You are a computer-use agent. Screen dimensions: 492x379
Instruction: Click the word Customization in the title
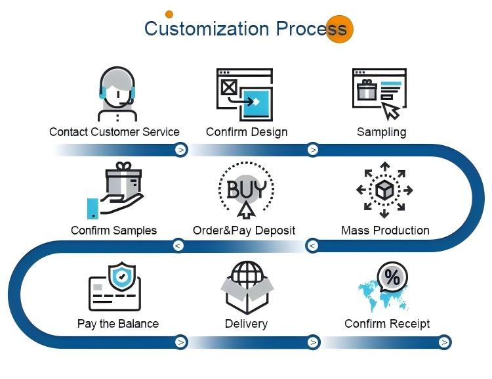coord(207,28)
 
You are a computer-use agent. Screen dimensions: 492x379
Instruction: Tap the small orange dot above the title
coord(169,14)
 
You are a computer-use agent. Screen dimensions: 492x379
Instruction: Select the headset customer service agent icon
coord(117,94)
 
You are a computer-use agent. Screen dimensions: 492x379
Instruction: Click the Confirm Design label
coord(247,132)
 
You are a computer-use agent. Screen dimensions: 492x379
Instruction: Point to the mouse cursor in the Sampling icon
coord(391,111)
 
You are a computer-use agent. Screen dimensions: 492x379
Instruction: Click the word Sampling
coord(382,132)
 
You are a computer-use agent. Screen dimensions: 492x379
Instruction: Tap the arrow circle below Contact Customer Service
coord(181,150)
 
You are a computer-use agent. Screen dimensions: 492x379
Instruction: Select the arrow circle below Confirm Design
coord(312,150)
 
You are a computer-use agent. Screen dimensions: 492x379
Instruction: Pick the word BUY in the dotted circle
coord(246,189)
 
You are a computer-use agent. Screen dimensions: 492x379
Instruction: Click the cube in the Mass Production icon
coord(384,190)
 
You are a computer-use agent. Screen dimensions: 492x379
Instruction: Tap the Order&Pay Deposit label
coord(244,231)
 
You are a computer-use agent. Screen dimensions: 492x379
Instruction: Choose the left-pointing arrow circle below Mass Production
coord(312,246)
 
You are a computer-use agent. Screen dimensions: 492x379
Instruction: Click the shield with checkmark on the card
coord(122,276)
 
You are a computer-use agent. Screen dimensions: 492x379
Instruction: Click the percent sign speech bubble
coord(392,277)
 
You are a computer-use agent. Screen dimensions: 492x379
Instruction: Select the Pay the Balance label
coord(118,324)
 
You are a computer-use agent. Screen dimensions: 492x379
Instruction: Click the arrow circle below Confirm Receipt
coord(444,342)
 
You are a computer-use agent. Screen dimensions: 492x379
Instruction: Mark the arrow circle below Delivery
coord(313,342)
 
